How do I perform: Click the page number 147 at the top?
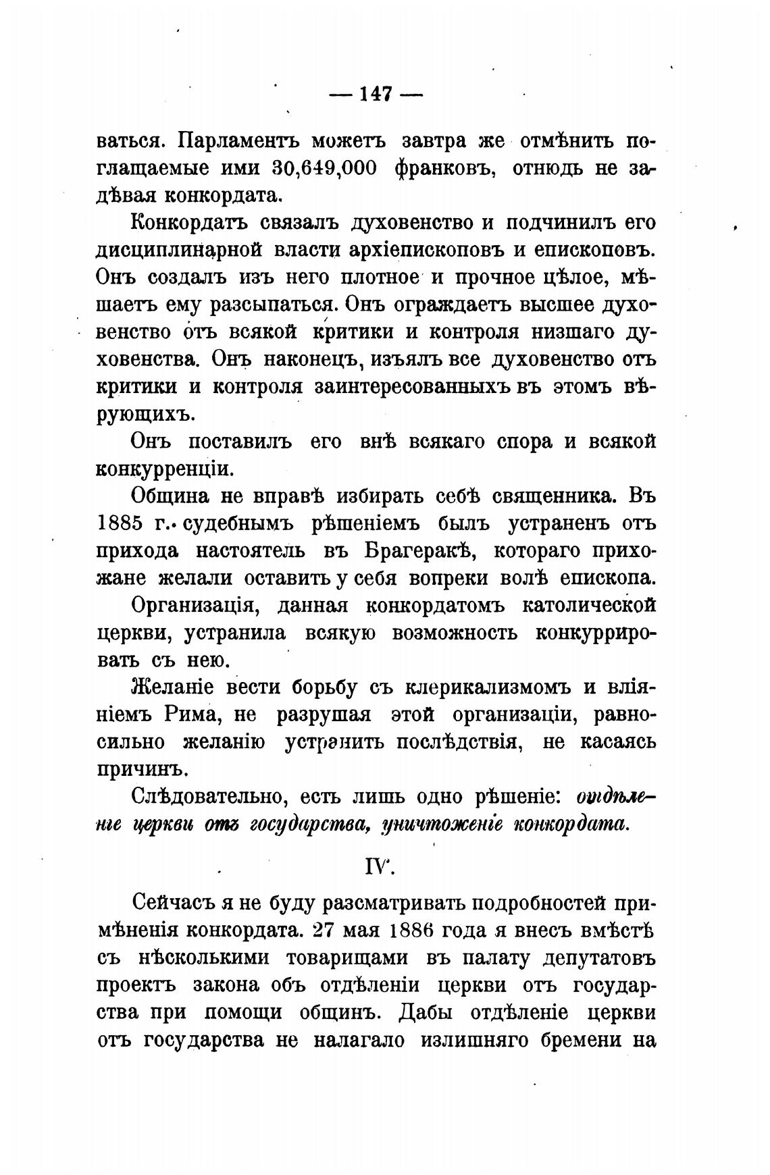click(x=376, y=94)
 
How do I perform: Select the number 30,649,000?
click(x=325, y=169)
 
